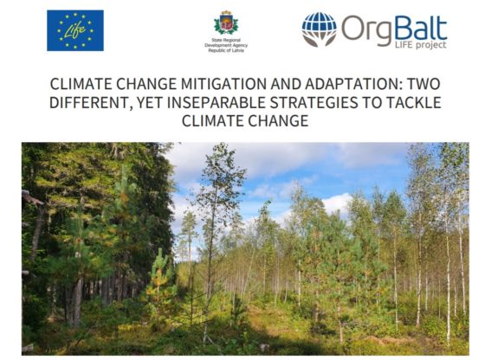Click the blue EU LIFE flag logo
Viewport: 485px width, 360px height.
click(x=75, y=30)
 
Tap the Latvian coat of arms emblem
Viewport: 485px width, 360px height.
click(x=226, y=22)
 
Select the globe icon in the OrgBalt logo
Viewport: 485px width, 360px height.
click(x=319, y=29)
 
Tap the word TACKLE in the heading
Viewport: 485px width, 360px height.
click(x=414, y=103)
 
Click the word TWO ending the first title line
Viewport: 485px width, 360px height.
click(x=424, y=84)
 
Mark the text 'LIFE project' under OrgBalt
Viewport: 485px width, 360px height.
click(x=420, y=45)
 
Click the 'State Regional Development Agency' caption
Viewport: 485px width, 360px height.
click(x=226, y=45)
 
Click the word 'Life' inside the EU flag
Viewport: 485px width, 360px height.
click(x=75, y=30)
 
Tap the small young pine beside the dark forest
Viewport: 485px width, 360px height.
click(x=160, y=278)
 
